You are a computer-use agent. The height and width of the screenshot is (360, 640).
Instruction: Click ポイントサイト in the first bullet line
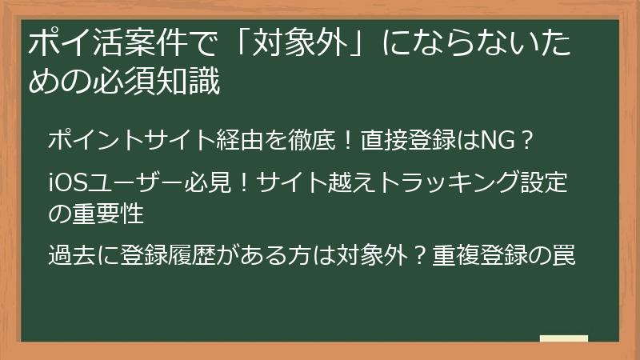coord(122,142)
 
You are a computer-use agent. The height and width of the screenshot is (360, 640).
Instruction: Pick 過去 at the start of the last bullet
coord(68,256)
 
